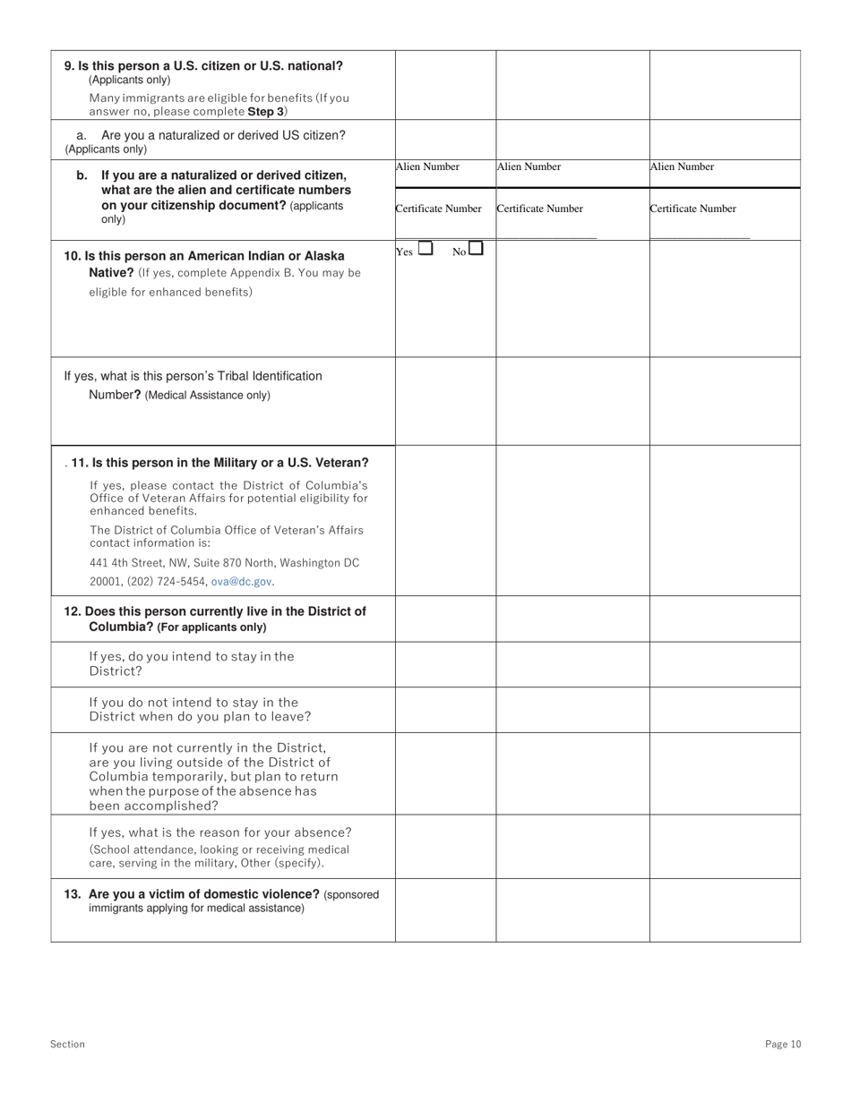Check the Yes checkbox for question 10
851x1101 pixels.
coord(425,249)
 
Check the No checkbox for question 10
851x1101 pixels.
coord(476,249)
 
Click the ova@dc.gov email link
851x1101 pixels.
coord(242,582)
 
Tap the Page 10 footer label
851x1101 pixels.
coord(783,1044)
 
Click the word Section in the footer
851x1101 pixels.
coord(67,1044)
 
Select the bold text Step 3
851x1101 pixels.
coord(266,112)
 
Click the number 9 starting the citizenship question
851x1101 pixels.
coord(69,66)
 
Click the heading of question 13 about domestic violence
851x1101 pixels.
coord(204,894)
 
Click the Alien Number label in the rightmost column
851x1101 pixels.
coord(682,166)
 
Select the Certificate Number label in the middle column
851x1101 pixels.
coord(539,209)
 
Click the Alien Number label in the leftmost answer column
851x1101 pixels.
coord(427,166)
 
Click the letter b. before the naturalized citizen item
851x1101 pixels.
coord(82,175)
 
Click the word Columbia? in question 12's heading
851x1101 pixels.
coord(121,627)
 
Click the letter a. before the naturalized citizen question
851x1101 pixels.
coord(82,135)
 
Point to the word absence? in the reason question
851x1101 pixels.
coord(322,832)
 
